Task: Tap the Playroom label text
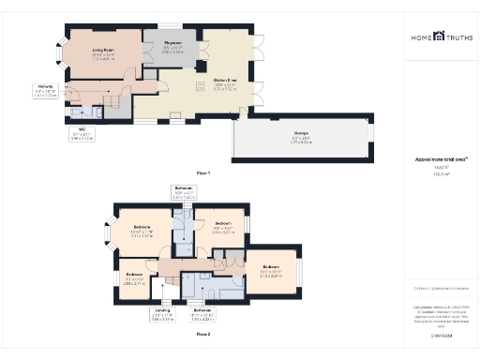(x=172, y=44)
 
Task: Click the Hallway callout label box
(x=45, y=91)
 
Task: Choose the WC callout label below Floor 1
(x=82, y=134)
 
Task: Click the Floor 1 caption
(x=202, y=174)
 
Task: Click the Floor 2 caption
(x=202, y=333)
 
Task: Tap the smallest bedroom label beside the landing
(x=134, y=278)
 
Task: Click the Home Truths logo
(x=441, y=37)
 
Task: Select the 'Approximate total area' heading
(x=441, y=159)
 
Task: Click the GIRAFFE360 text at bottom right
(x=441, y=333)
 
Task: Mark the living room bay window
(x=64, y=52)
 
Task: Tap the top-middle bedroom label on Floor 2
(x=221, y=229)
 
